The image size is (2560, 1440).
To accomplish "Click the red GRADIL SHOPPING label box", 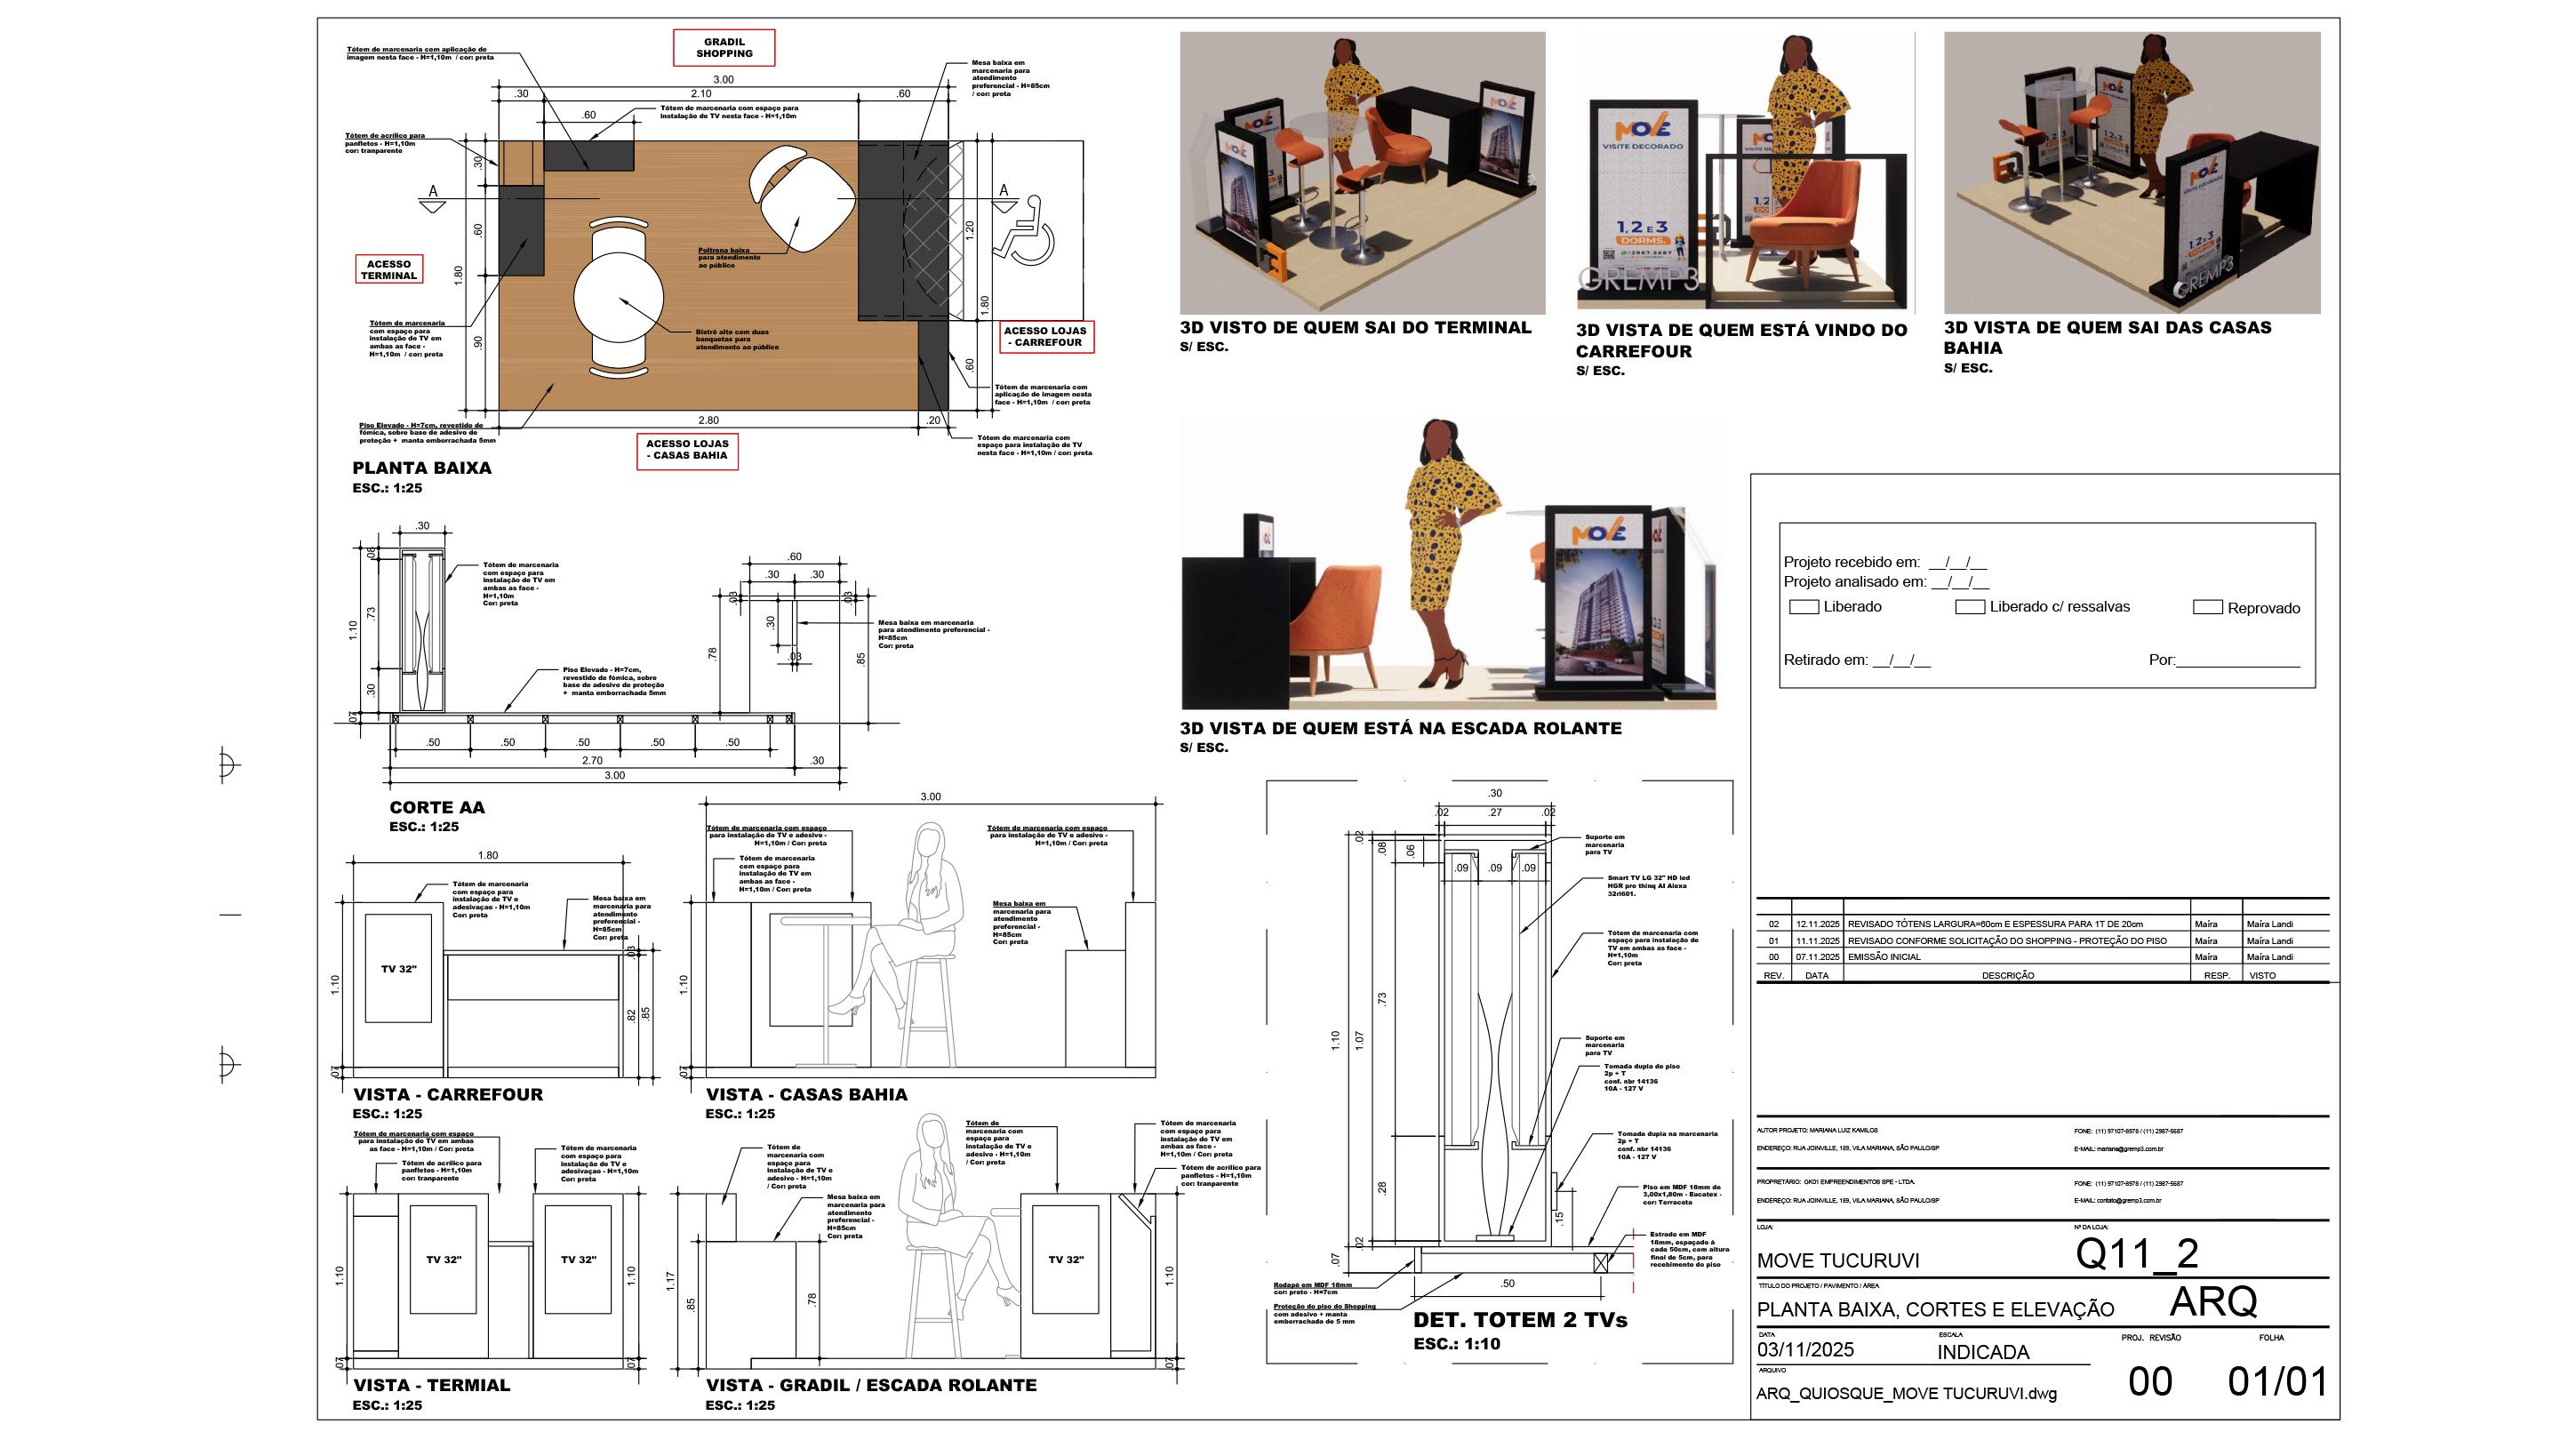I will pos(724,48).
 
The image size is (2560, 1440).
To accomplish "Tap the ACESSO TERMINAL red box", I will pos(388,269).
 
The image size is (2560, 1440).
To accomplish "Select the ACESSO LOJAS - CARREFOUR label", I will pos(1045,337).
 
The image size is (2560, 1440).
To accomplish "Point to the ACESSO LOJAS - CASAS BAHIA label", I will pos(687,450).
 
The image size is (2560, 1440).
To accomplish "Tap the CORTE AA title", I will pos(436,808).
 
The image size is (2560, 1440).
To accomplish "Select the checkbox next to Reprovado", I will pos(2207,607).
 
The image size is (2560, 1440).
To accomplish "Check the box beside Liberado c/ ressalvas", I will pos(1970,606).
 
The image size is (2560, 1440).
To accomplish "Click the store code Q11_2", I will pos(2136,1254).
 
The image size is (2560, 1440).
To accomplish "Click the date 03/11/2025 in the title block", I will pos(1804,1349).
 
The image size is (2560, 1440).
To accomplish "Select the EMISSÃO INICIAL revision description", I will pos(1884,957).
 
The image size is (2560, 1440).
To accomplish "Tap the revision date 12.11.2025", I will pos(1817,924).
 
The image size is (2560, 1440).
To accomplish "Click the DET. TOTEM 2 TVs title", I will pos(1519,1320).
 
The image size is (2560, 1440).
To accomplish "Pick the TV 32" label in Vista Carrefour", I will pos(398,969).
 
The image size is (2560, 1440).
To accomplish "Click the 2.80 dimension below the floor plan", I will pos(708,420).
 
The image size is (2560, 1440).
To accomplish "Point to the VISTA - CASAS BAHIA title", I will pos(806,1094).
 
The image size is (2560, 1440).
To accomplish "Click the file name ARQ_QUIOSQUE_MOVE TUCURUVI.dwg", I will pos(1905,1393).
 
